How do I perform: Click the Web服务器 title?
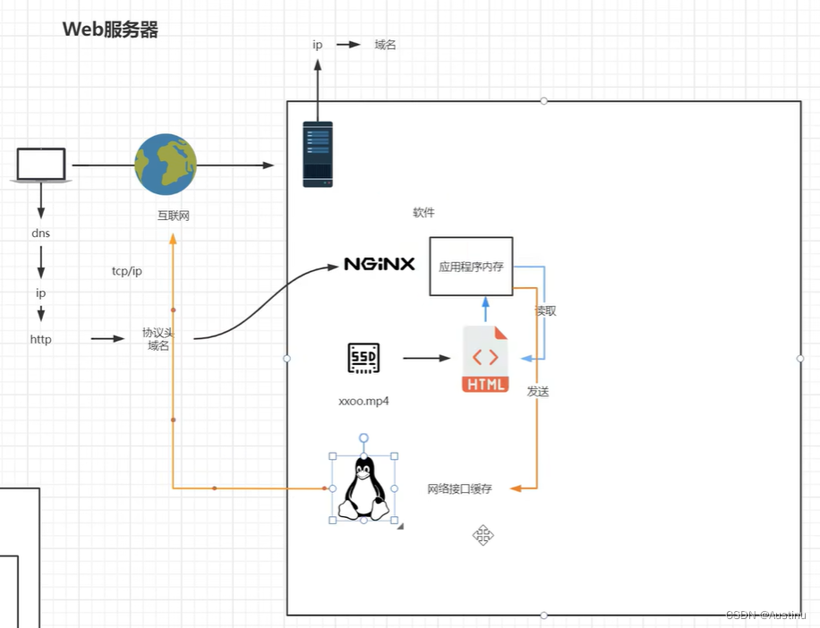pyautogui.click(x=110, y=30)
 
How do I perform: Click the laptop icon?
pyautogui.click(x=41, y=165)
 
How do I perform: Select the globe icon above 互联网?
pyautogui.click(x=166, y=165)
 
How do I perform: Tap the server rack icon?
pyautogui.click(x=317, y=154)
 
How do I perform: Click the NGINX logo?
pyautogui.click(x=380, y=265)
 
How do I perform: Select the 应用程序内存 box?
pyautogui.click(x=471, y=266)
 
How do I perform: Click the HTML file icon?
pyautogui.click(x=485, y=360)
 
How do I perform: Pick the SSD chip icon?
pyautogui.click(x=363, y=358)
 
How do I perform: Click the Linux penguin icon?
pyautogui.click(x=363, y=488)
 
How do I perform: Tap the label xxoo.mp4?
pyautogui.click(x=363, y=402)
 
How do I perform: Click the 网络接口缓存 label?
pyautogui.click(x=460, y=488)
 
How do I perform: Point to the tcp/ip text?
pyautogui.click(x=127, y=271)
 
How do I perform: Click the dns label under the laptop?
pyautogui.click(x=40, y=233)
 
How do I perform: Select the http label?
pyautogui.click(x=40, y=339)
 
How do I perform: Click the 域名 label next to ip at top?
pyautogui.click(x=385, y=45)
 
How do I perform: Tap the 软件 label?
pyautogui.click(x=423, y=213)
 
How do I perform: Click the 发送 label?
pyautogui.click(x=538, y=392)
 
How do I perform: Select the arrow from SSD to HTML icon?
pyautogui.click(x=426, y=359)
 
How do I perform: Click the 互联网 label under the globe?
pyautogui.click(x=174, y=216)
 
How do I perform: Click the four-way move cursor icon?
pyautogui.click(x=483, y=536)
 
